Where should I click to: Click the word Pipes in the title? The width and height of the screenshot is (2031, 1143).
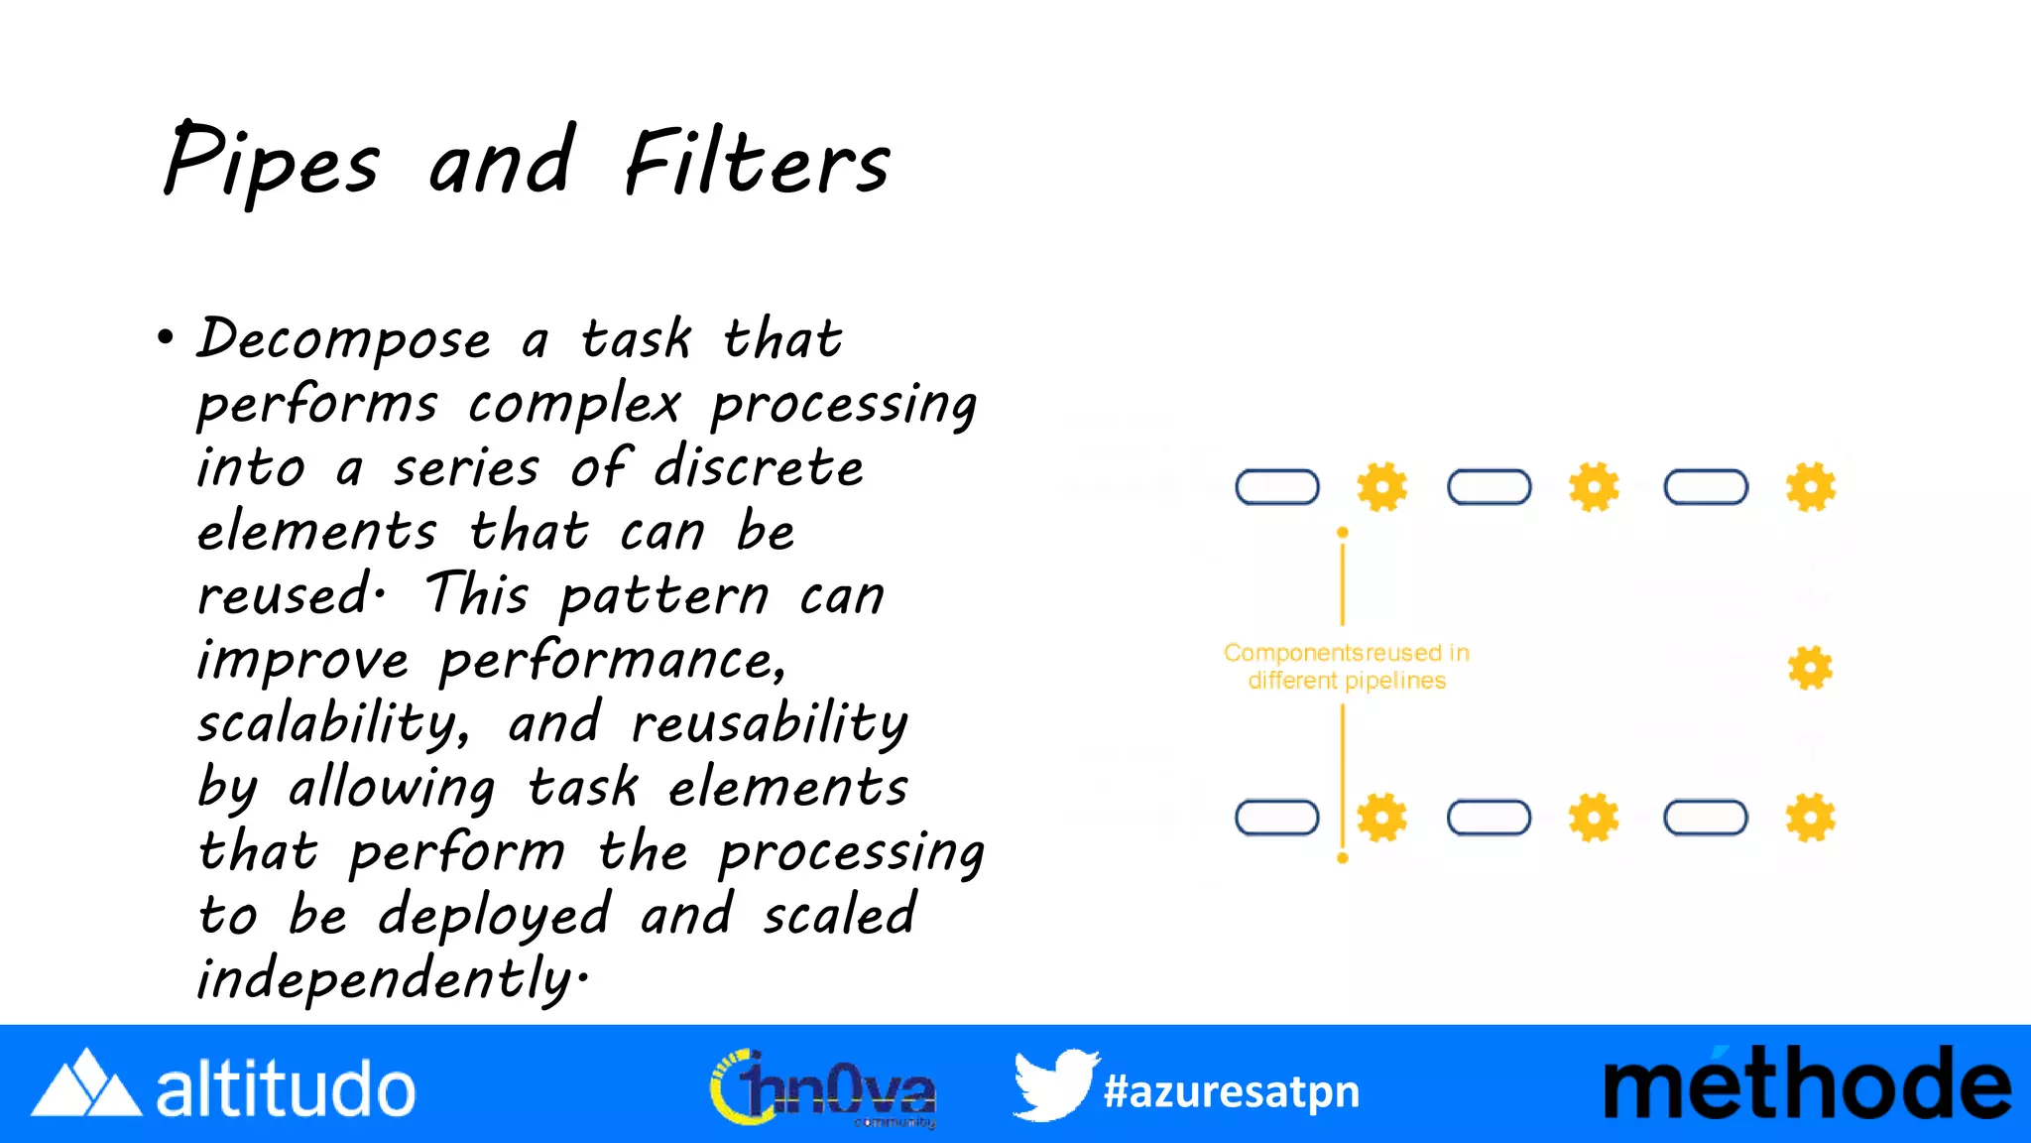[271, 162]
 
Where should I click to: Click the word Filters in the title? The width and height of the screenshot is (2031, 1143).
[757, 162]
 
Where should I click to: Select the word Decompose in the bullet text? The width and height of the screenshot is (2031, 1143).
[344, 339]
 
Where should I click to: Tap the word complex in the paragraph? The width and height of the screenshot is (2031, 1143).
[574, 404]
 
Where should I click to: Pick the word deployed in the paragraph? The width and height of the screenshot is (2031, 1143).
[494, 915]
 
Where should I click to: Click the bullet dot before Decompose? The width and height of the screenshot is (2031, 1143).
[166, 337]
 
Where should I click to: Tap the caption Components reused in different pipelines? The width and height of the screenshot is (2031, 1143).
[1346, 666]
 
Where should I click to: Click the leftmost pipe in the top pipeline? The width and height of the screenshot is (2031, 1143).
[1276, 487]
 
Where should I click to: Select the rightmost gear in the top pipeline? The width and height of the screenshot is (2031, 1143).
[1810, 487]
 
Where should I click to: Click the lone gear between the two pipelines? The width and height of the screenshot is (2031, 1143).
[1810, 668]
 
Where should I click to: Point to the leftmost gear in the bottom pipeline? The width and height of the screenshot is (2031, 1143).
[1381, 818]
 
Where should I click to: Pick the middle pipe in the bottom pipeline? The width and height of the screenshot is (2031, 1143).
[1489, 818]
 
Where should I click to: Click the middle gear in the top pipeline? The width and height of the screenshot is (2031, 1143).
[1594, 487]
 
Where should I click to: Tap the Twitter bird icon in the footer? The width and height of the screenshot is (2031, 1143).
[1055, 1084]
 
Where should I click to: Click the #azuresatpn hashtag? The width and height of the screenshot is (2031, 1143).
[1231, 1091]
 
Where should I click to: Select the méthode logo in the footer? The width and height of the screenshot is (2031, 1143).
[1807, 1084]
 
